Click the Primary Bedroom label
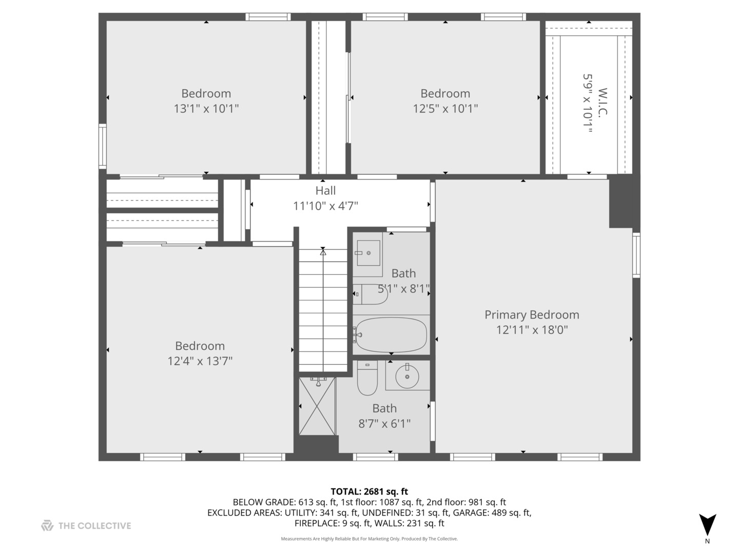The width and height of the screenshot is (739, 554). tap(532, 315)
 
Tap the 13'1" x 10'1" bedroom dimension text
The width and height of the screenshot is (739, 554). tap(206, 109)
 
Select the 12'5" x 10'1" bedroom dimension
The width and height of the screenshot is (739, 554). tap(445, 109)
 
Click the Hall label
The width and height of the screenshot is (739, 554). tap(325, 191)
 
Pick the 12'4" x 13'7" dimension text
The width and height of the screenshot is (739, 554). tap(200, 361)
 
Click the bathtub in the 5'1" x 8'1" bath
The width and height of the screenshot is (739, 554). tap(391, 334)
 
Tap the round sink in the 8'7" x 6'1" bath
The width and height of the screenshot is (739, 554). tap(407, 377)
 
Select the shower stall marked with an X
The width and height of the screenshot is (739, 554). tap(317, 406)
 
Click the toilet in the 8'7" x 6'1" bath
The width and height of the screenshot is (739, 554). tap(367, 378)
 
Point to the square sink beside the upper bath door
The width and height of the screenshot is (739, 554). tap(368, 253)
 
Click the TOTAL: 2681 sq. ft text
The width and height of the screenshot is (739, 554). tap(369, 491)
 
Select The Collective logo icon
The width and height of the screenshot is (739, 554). tap(47, 525)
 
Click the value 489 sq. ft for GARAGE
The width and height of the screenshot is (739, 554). tap(511, 512)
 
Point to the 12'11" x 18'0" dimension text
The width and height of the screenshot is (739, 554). tap(532, 330)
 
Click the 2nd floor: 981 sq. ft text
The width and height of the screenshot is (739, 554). tap(466, 502)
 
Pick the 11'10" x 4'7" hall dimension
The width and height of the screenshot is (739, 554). tap(325, 206)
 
